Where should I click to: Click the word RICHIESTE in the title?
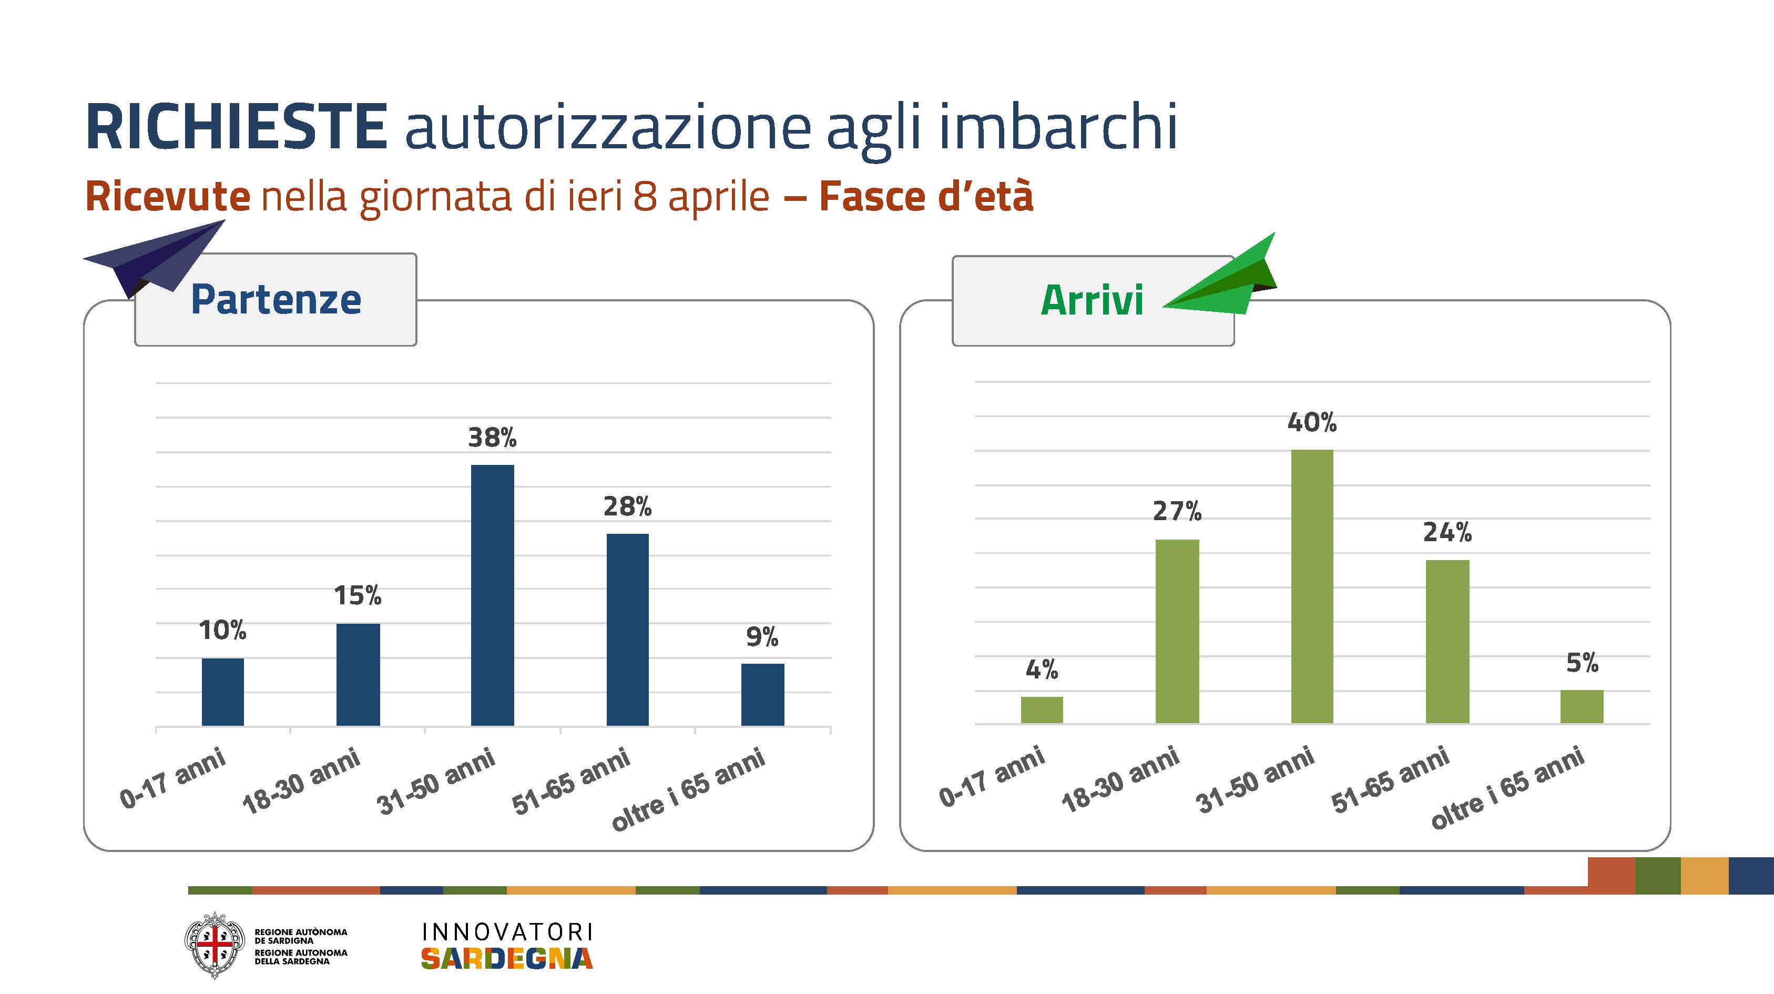[236, 127]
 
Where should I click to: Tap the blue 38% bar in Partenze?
[492, 595]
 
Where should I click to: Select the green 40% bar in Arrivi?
[1312, 586]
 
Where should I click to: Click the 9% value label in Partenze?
[762, 637]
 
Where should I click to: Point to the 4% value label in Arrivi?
[1041, 669]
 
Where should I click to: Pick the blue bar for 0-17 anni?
[222, 692]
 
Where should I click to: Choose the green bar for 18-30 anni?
[1177, 631]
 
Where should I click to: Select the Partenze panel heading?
[276, 300]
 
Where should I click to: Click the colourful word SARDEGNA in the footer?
[507, 958]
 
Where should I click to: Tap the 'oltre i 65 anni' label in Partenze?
[689, 789]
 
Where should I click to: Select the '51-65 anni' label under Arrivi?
[1390, 780]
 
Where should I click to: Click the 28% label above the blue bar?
[627, 507]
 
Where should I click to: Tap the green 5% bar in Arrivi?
[1582, 706]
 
